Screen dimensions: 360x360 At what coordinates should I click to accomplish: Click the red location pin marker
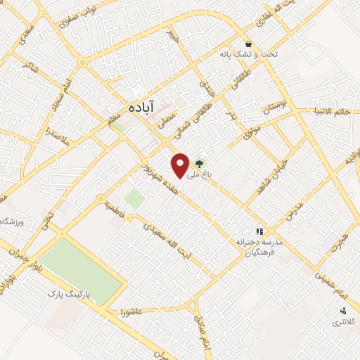coord(181,165)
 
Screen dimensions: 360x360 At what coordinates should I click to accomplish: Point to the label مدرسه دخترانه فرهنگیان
coord(259,247)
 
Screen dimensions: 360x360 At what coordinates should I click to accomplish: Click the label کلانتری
coord(343,322)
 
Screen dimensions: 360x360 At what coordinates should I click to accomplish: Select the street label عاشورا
coord(133,309)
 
